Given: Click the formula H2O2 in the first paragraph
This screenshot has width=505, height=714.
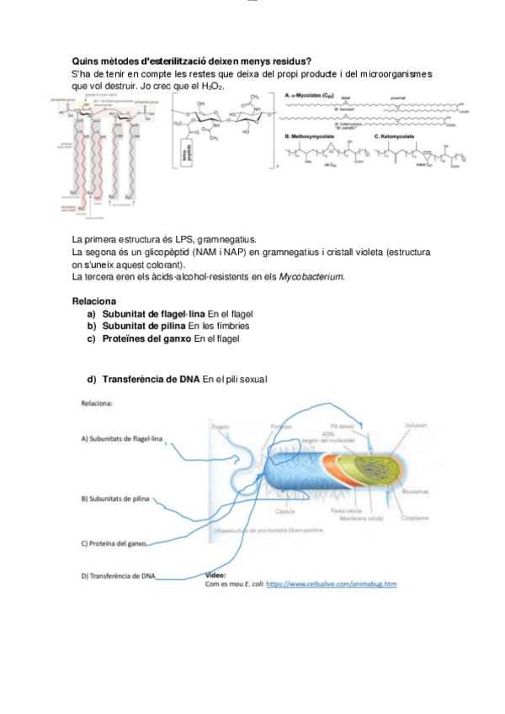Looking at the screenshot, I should [214, 87].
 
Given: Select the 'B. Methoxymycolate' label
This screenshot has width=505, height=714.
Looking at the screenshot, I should [312, 136].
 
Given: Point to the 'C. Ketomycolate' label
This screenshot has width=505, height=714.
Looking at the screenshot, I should [399, 136].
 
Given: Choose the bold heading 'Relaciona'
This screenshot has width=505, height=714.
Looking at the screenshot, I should [94, 301].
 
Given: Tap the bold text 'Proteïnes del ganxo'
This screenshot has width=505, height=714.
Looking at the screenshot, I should [146, 338].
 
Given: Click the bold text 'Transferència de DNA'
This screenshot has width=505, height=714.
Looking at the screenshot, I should [151, 380].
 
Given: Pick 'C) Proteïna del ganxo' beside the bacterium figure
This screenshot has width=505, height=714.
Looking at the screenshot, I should [113, 543].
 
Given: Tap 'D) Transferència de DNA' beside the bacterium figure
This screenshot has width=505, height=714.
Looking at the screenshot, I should [119, 576].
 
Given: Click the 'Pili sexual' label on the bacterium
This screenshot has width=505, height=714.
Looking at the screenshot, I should [341, 426].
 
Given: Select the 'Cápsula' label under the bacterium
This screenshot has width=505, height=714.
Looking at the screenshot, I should [284, 512].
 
